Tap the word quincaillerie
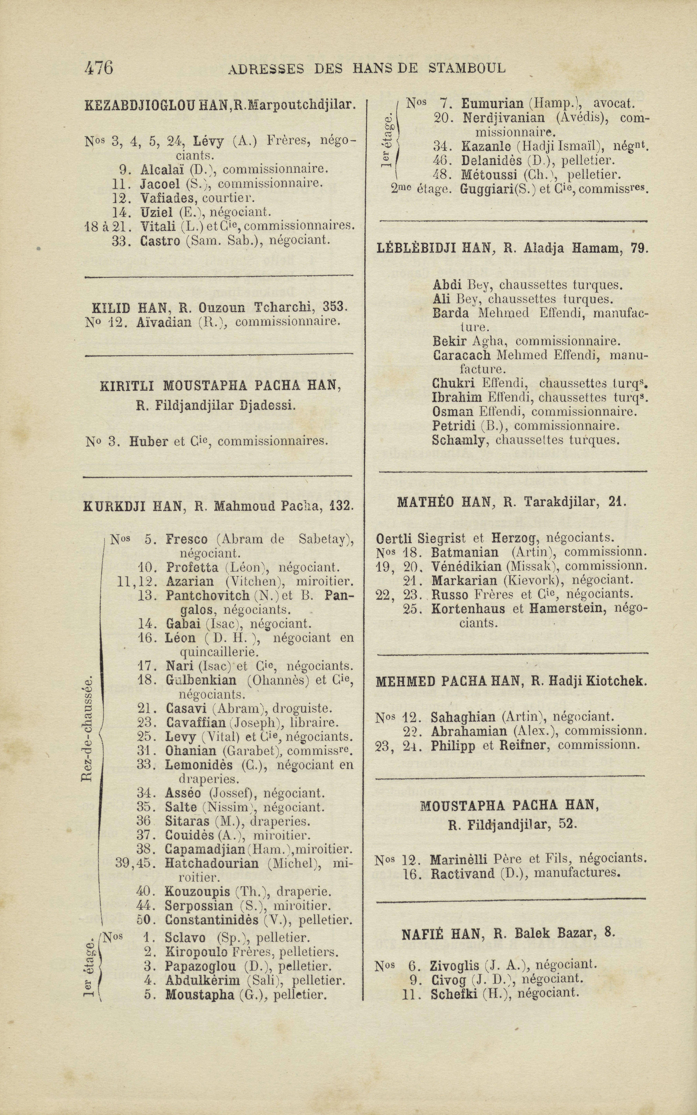pos(219,652)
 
